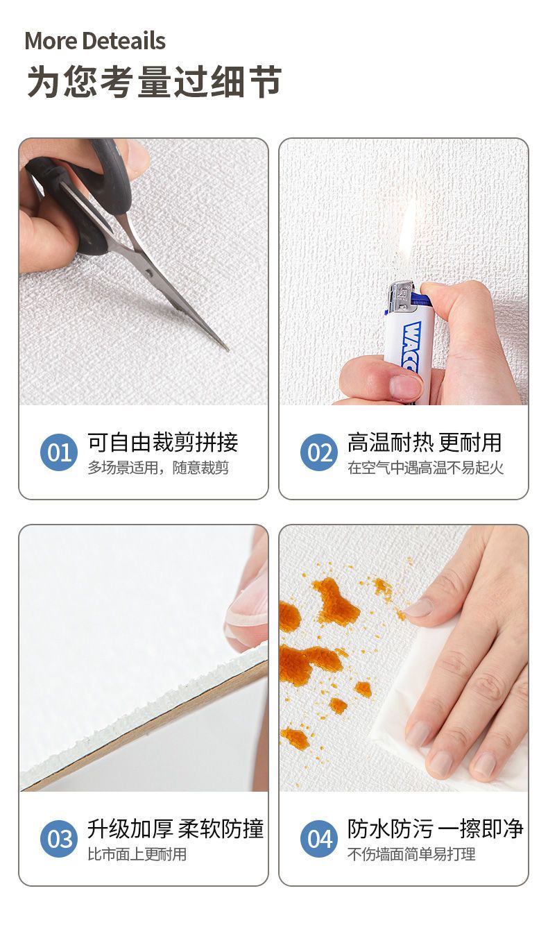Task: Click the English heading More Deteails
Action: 95,41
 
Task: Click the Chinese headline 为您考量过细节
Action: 154,81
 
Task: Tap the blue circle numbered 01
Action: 59,452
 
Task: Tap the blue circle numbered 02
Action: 319,452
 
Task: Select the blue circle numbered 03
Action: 59,839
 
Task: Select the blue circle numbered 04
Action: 319,839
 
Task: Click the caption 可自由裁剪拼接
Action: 163,443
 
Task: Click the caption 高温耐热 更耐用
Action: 425,443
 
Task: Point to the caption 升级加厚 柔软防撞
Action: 175,829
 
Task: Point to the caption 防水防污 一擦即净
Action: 436,829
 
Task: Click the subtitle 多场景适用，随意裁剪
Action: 158,468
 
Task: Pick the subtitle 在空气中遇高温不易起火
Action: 426,468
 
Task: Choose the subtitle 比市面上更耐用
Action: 137,854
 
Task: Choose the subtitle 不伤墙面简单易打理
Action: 411,854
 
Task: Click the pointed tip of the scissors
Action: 228,350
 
